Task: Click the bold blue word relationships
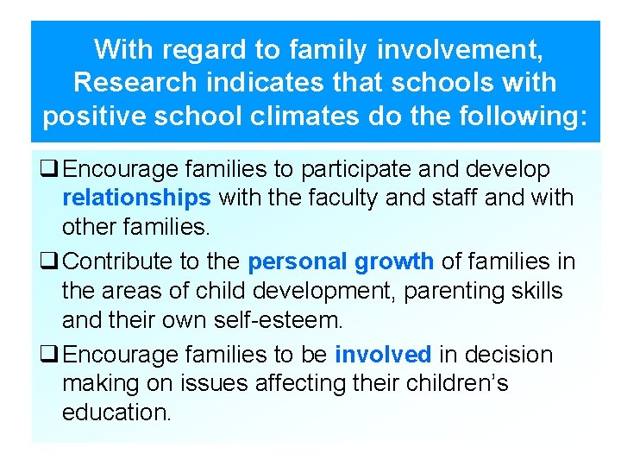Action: tap(136, 198)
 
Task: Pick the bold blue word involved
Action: tap(383, 355)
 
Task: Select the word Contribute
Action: tap(117, 261)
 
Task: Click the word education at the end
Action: tap(116, 412)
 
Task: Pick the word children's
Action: tap(450, 383)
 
